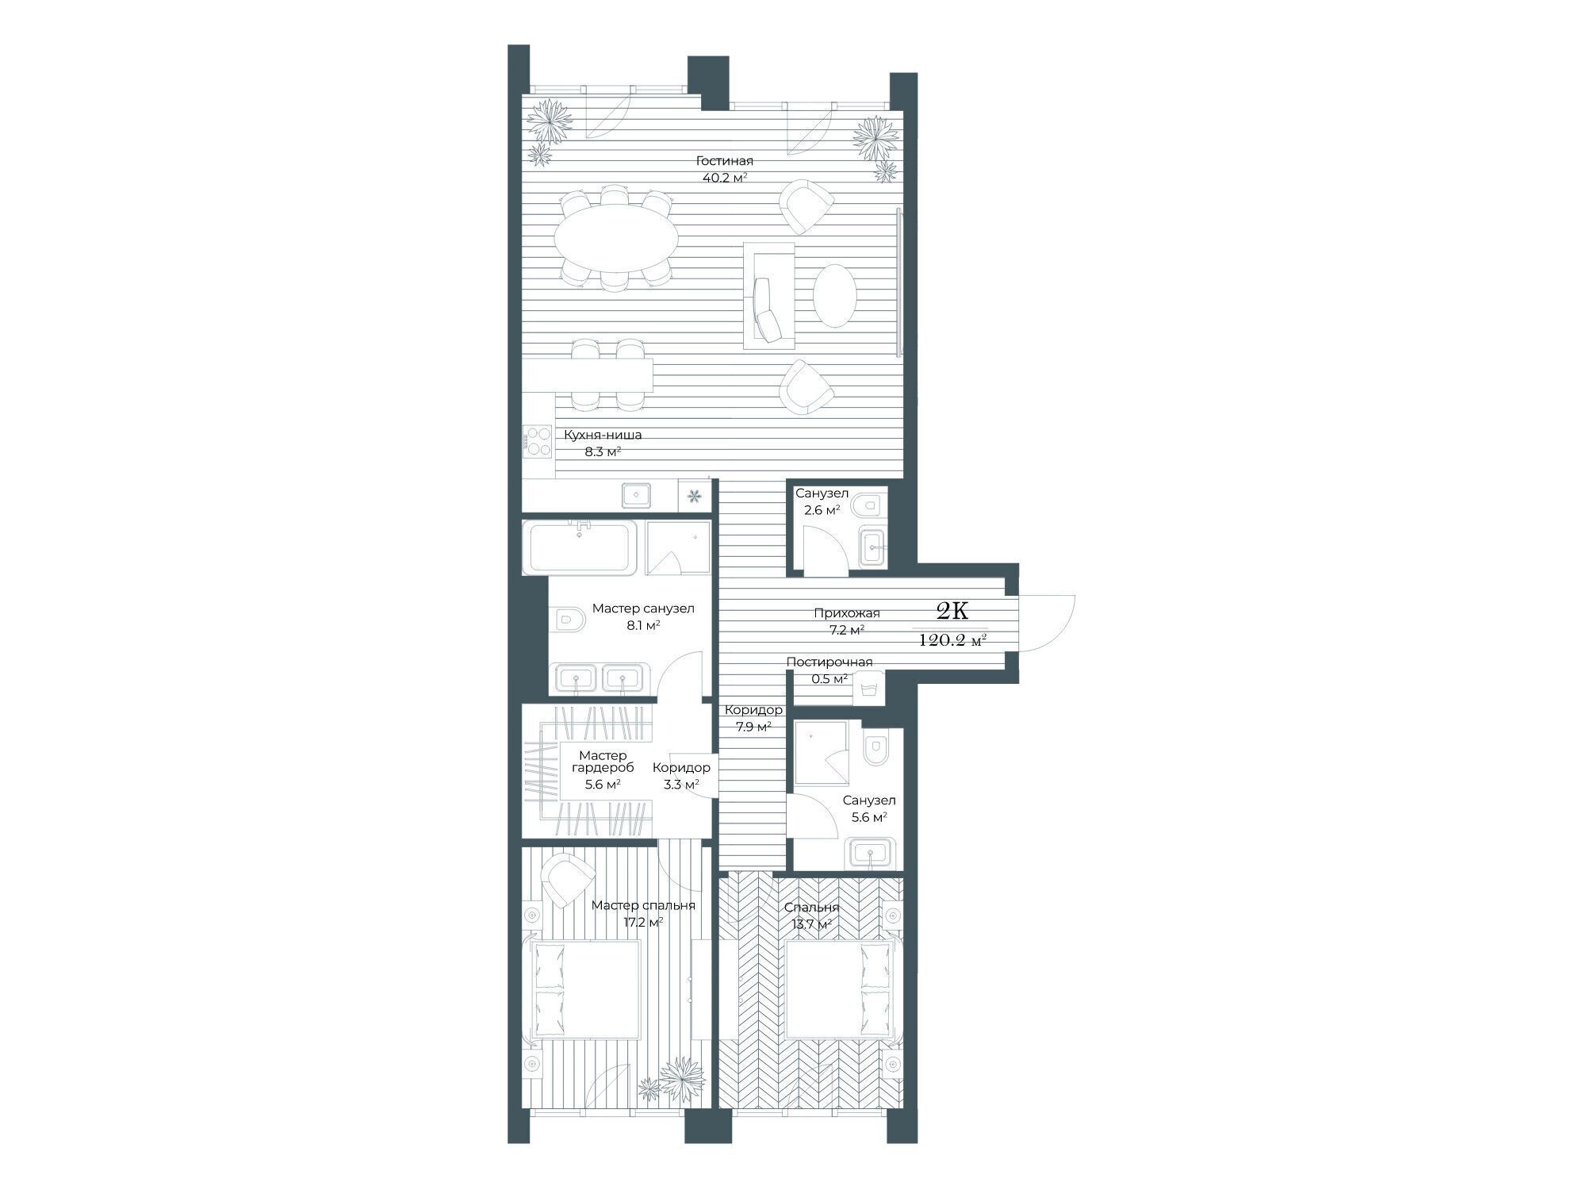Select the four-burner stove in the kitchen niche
pos(537,441)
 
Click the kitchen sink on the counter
pos(637,495)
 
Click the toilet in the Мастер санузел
pos(568,619)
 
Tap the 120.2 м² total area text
pos(952,640)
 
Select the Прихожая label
pos(846,613)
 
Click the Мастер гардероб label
pos(603,762)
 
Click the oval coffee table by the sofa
pos(834,295)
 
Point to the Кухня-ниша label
pos(603,435)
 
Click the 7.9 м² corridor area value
pos(749,726)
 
